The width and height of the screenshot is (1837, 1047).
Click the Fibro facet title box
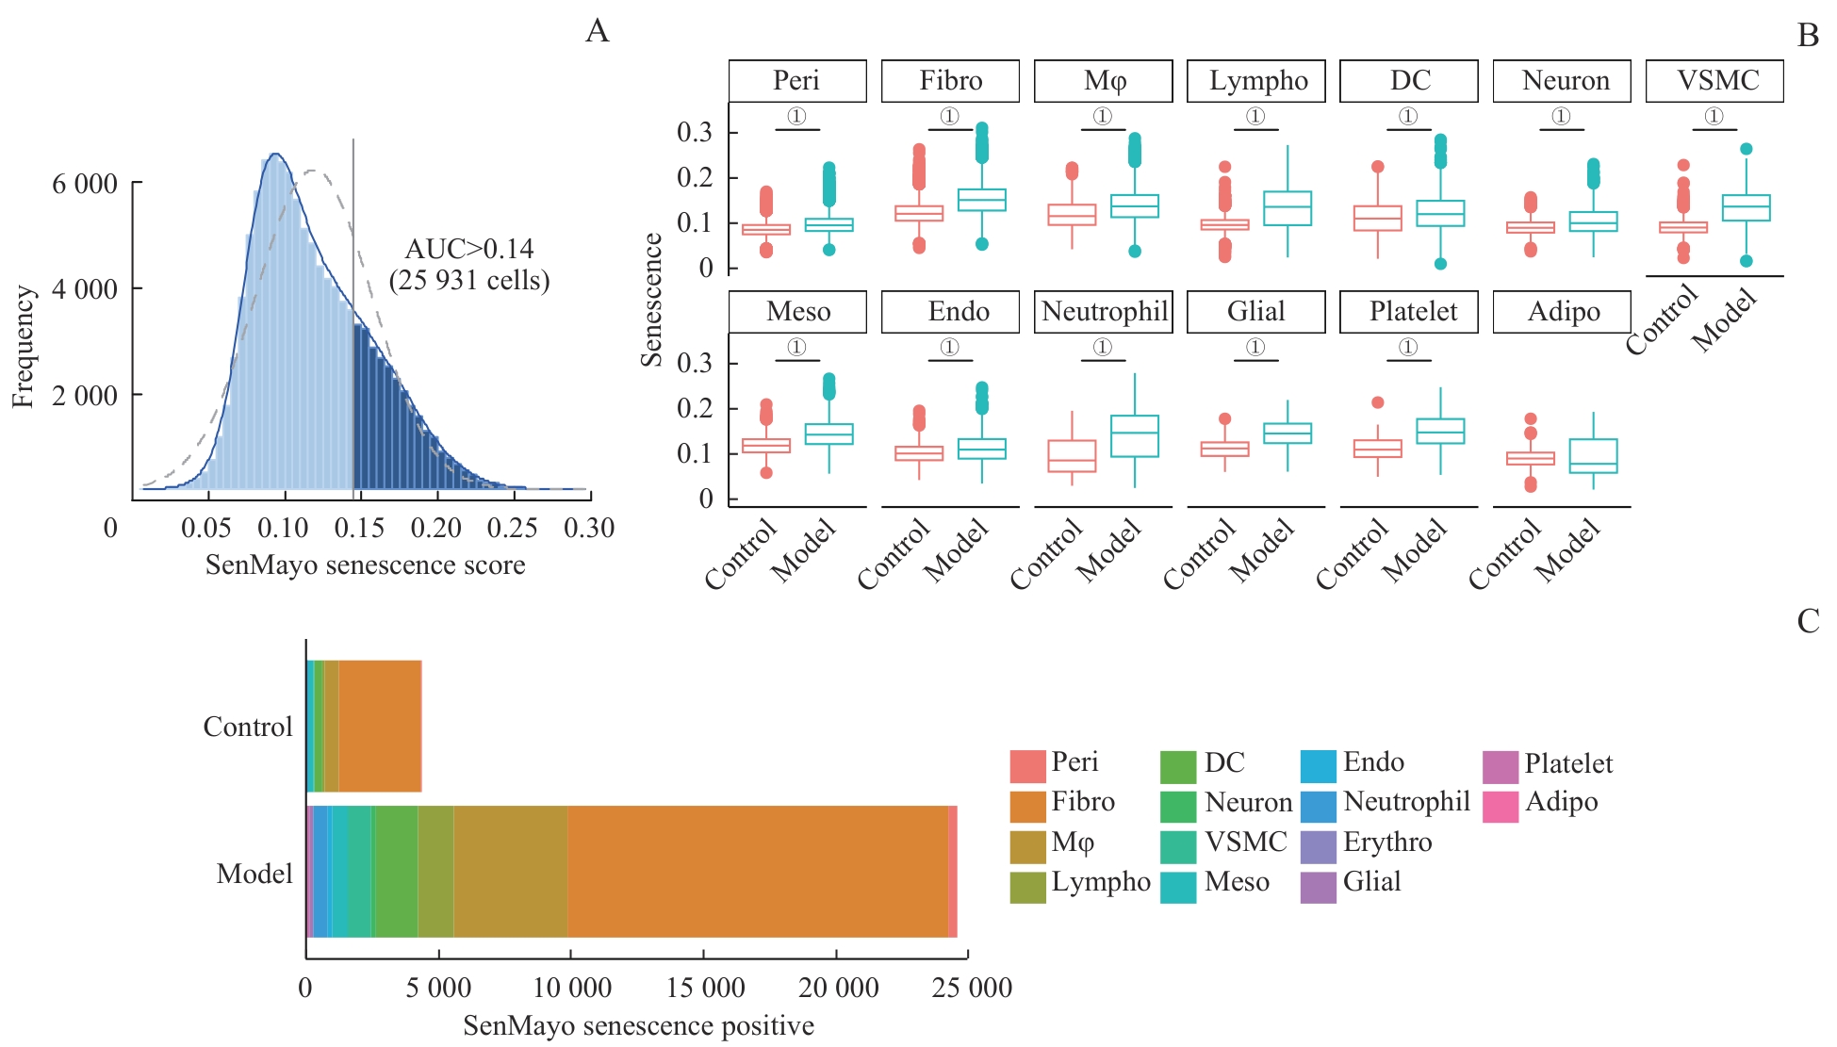[950, 81]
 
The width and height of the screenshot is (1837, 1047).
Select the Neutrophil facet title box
[1104, 312]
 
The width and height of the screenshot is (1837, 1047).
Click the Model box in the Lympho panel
[1287, 208]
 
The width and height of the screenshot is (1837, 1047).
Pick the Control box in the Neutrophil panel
[1072, 456]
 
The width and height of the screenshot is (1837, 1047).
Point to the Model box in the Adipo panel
[1593, 456]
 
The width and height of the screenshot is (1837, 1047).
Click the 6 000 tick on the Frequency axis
[85, 183]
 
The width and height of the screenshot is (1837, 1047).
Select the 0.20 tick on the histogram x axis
[435, 528]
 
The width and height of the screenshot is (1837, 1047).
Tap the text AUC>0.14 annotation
[469, 249]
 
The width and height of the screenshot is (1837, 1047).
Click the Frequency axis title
[23, 347]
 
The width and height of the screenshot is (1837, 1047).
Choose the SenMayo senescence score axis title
[365, 565]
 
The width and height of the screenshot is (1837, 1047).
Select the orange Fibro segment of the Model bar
[757, 872]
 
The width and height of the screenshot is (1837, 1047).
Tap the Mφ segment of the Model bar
[510, 872]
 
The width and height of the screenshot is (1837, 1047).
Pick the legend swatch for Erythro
[1318, 846]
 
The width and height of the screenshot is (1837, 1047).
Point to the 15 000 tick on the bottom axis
[705, 988]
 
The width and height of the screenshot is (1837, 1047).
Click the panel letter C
[1807, 622]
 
